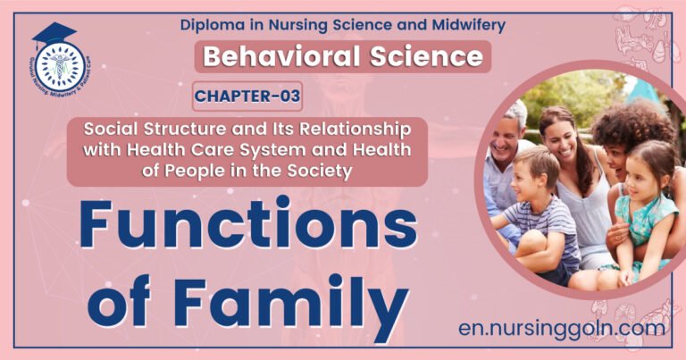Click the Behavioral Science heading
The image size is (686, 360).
(343, 57)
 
